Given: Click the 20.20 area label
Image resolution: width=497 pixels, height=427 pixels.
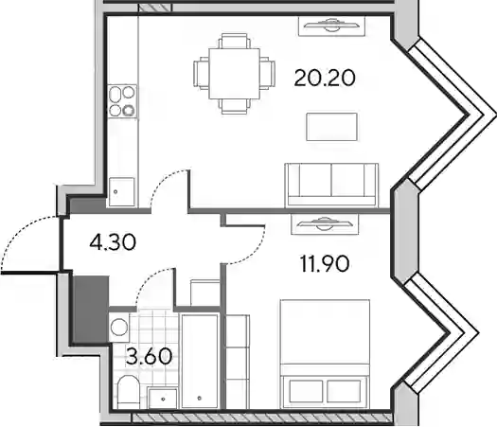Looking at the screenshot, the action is [x=325, y=78].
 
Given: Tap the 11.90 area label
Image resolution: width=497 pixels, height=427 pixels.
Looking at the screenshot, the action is [x=325, y=264].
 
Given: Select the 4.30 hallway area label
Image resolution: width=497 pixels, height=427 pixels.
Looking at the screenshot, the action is [x=113, y=242].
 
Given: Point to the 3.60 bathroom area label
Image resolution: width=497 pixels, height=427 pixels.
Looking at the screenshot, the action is [x=149, y=356].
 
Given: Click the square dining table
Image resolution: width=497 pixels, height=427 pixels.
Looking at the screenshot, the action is [x=234, y=74].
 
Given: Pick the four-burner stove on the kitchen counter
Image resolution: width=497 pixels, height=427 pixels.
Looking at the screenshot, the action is [x=122, y=101].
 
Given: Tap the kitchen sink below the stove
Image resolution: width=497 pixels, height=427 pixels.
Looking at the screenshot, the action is [x=122, y=192].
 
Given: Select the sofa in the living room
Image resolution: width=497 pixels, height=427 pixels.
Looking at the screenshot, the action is [x=331, y=186].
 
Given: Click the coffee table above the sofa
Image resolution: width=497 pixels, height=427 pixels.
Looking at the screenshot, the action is [x=332, y=127].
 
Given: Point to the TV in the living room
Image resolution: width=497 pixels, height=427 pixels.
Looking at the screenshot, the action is [x=331, y=26].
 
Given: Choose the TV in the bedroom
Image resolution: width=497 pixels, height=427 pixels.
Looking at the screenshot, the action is [x=325, y=224].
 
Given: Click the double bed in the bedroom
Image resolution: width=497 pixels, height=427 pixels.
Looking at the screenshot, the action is [x=326, y=354].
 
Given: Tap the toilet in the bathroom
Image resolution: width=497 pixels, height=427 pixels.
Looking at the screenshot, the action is [x=129, y=392].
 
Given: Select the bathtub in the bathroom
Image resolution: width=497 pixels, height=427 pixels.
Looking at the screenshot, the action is [x=200, y=361].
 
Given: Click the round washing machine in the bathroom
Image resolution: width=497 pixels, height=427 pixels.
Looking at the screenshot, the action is [x=119, y=327].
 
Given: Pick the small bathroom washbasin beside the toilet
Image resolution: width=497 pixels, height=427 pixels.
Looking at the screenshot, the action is [x=163, y=399].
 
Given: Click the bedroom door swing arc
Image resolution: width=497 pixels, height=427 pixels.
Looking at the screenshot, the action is [x=254, y=254].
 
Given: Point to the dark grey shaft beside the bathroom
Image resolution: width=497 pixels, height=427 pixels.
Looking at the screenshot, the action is [x=91, y=309].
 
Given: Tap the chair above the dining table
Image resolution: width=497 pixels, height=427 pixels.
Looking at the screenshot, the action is [x=234, y=41].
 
